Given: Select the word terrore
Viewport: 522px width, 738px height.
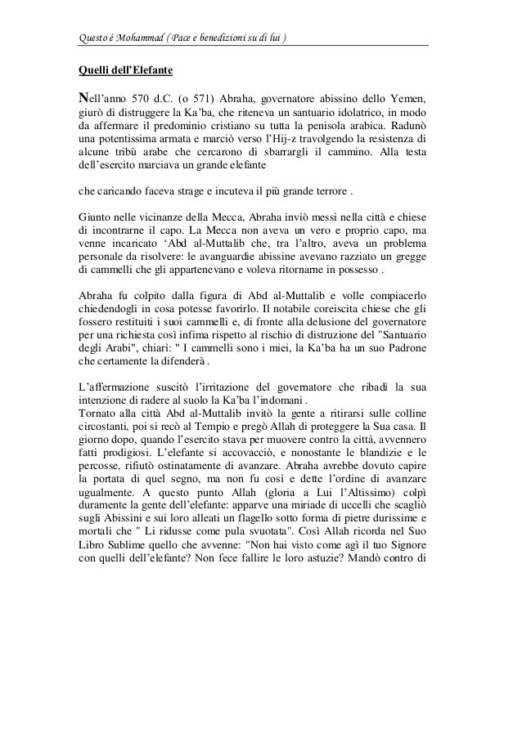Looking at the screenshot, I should (326, 194).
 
